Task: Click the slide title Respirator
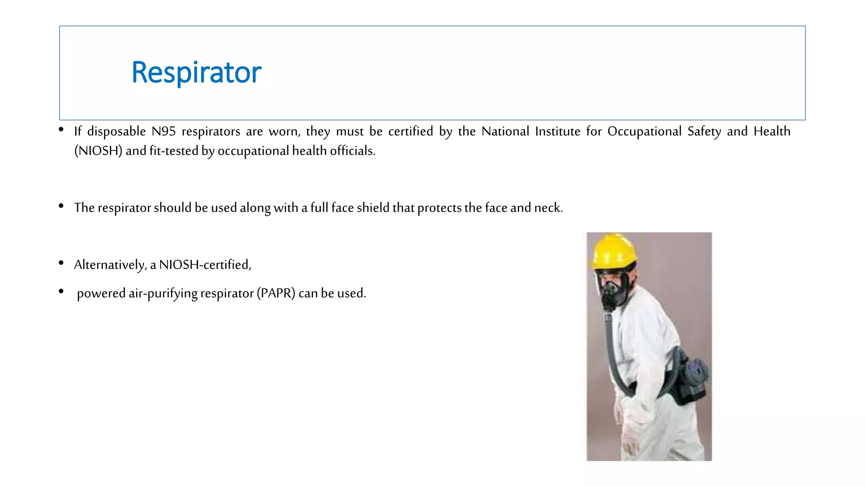point(196,72)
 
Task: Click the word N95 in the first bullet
point(163,131)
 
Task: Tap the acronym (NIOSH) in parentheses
point(98,151)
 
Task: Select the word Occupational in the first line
point(644,131)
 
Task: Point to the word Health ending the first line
point(772,131)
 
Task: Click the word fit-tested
point(174,151)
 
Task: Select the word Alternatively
point(110,265)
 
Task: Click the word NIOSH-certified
point(205,265)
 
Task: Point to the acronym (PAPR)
point(276,293)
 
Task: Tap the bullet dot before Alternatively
point(61,263)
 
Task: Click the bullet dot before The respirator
point(61,206)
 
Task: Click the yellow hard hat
point(613,251)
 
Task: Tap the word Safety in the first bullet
point(704,131)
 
